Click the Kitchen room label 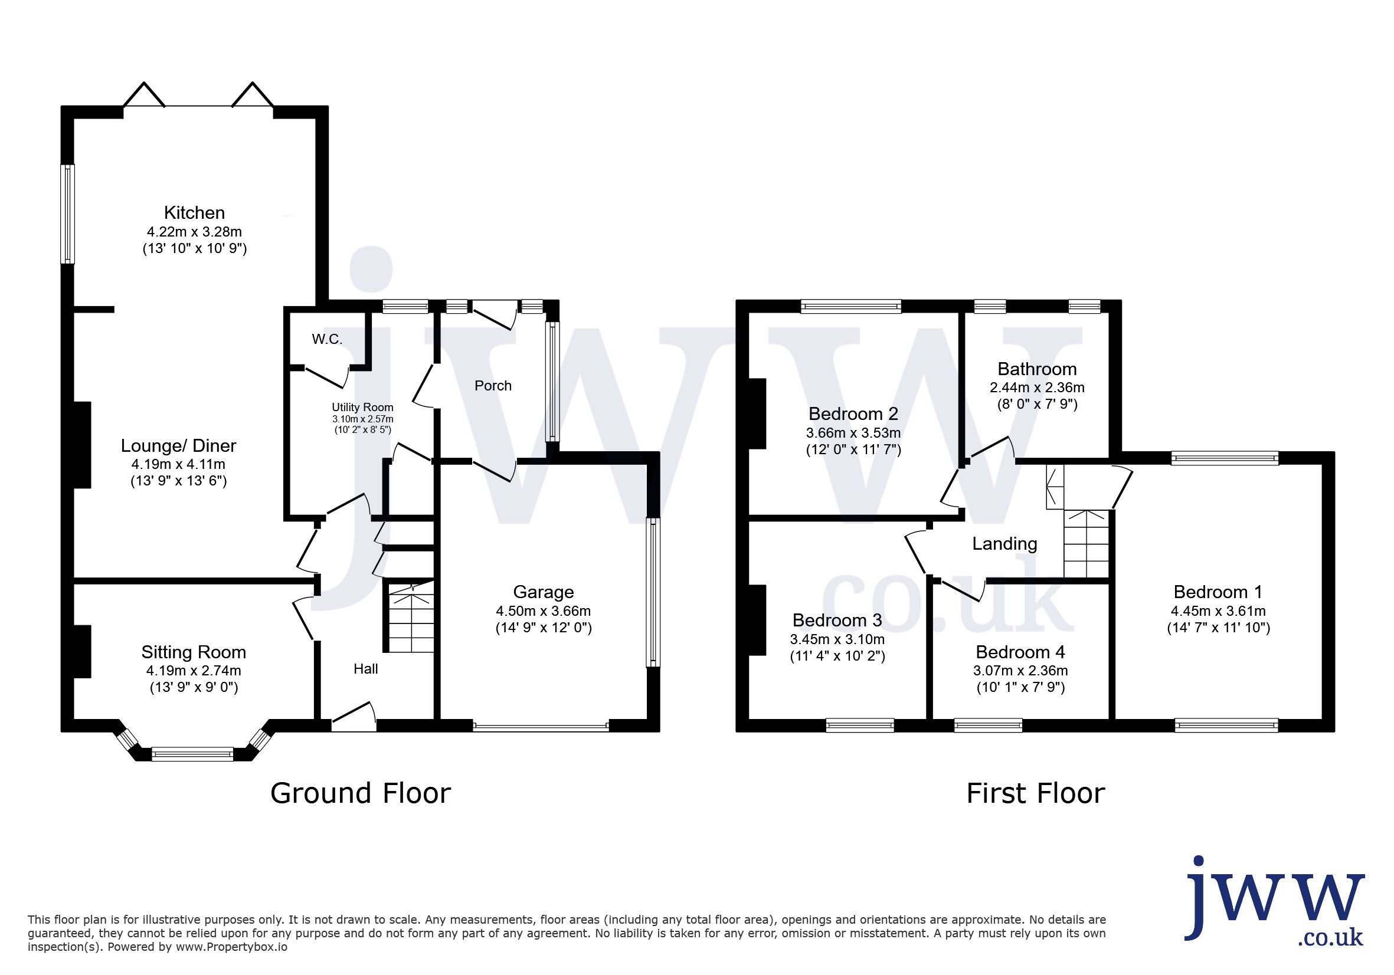coord(194,213)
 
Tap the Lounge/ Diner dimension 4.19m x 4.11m coord(178,464)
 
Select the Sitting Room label coord(194,652)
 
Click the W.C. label coord(327,339)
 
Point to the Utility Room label coord(362,407)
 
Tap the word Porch coord(493,386)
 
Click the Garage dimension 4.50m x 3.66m coord(544,611)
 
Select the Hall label coord(365,669)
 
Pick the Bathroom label coord(1037,369)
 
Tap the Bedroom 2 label coord(853,414)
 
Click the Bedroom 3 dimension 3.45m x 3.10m coord(837,639)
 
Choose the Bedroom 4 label coord(1020,652)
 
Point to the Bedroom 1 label coord(1218,592)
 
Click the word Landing coord(1005,544)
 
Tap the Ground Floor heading coord(361,793)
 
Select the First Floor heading coord(1036,793)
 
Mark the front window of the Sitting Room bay coord(192,754)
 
